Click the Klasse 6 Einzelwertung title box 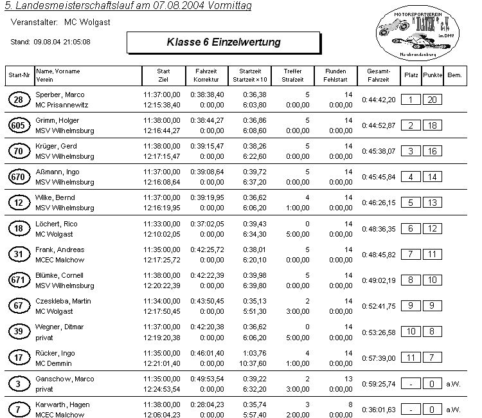tap(224, 43)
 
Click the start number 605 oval tap(19, 125)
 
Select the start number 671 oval tap(19, 280)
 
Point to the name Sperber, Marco tap(60, 95)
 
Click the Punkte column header tap(433, 75)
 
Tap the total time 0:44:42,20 tap(378, 100)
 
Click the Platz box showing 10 tap(411, 331)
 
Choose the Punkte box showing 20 tap(433, 100)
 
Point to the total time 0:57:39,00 tap(378, 357)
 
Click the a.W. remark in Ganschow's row tap(453, 383)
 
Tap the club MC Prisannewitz tap(62, 105)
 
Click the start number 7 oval tap(19, 409)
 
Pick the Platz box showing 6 tap(411, 228)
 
